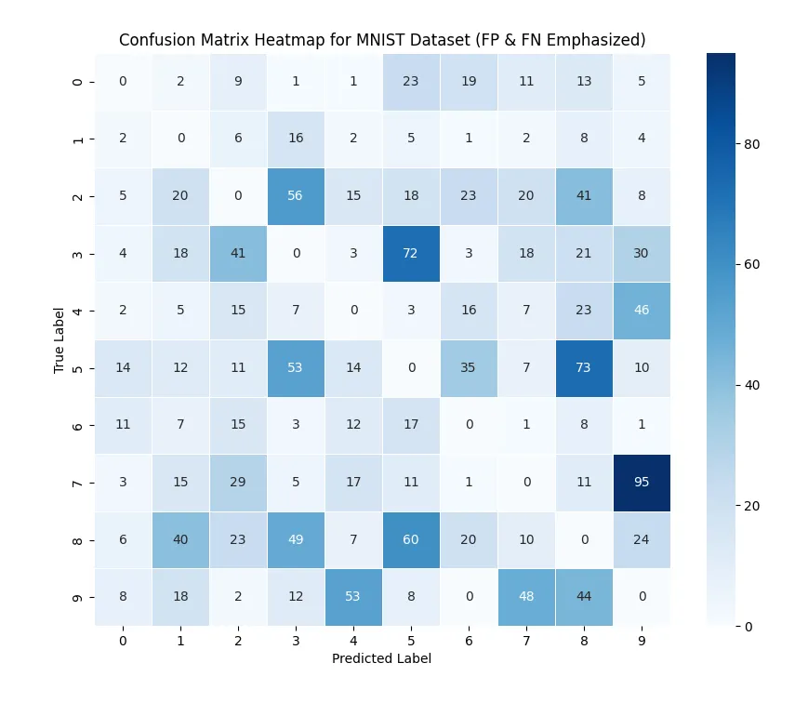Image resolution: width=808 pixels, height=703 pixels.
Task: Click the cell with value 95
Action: pos(641,483)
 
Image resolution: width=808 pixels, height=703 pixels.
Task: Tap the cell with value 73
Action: pos(583,368)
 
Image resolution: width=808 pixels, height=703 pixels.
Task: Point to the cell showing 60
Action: pos(410,540)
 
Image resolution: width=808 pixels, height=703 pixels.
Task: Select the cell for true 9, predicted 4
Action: pos(352,597)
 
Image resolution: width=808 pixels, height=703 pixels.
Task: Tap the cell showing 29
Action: pos(237,483)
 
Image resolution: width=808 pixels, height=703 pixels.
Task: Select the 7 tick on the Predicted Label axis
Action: pos(525,641)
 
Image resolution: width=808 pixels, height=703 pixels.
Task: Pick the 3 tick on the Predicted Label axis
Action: pos(295,641)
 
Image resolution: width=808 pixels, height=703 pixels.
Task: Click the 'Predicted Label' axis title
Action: pos(381,658)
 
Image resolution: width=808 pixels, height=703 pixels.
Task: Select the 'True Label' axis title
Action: pos(60,339)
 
